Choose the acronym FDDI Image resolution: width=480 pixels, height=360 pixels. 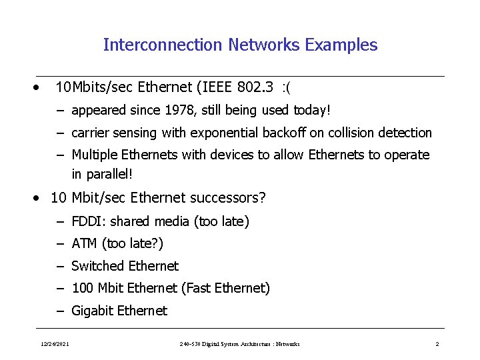(86, 221)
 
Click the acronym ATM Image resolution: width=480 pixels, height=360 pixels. (85, 243)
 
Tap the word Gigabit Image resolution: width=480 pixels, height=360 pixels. (93, 311)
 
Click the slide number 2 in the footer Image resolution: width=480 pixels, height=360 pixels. (437, 344)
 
